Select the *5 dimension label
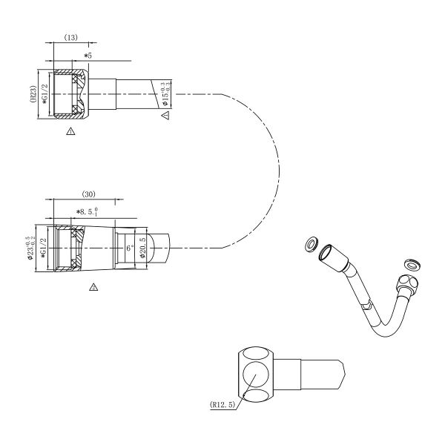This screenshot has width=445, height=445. pyautogui.click(x=88, y=55)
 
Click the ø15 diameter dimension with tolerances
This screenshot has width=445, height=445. pyautogui.click(x=168, y=94)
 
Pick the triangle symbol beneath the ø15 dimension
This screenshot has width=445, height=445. pyautogui.click(x=166, y=116)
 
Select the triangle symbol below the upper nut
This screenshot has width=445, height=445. pyautogui.click(x=70, y=131)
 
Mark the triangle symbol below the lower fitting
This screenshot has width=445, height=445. pyautogui.click(x=93, y=286)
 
